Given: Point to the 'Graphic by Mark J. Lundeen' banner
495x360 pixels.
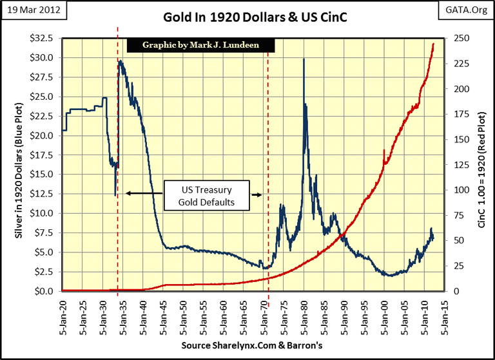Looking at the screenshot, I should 200,45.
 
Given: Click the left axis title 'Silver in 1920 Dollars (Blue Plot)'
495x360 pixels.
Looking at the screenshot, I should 13,164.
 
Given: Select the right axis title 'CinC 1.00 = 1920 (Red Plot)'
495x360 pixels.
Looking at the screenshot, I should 482,164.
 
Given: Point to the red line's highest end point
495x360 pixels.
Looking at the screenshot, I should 433,43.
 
